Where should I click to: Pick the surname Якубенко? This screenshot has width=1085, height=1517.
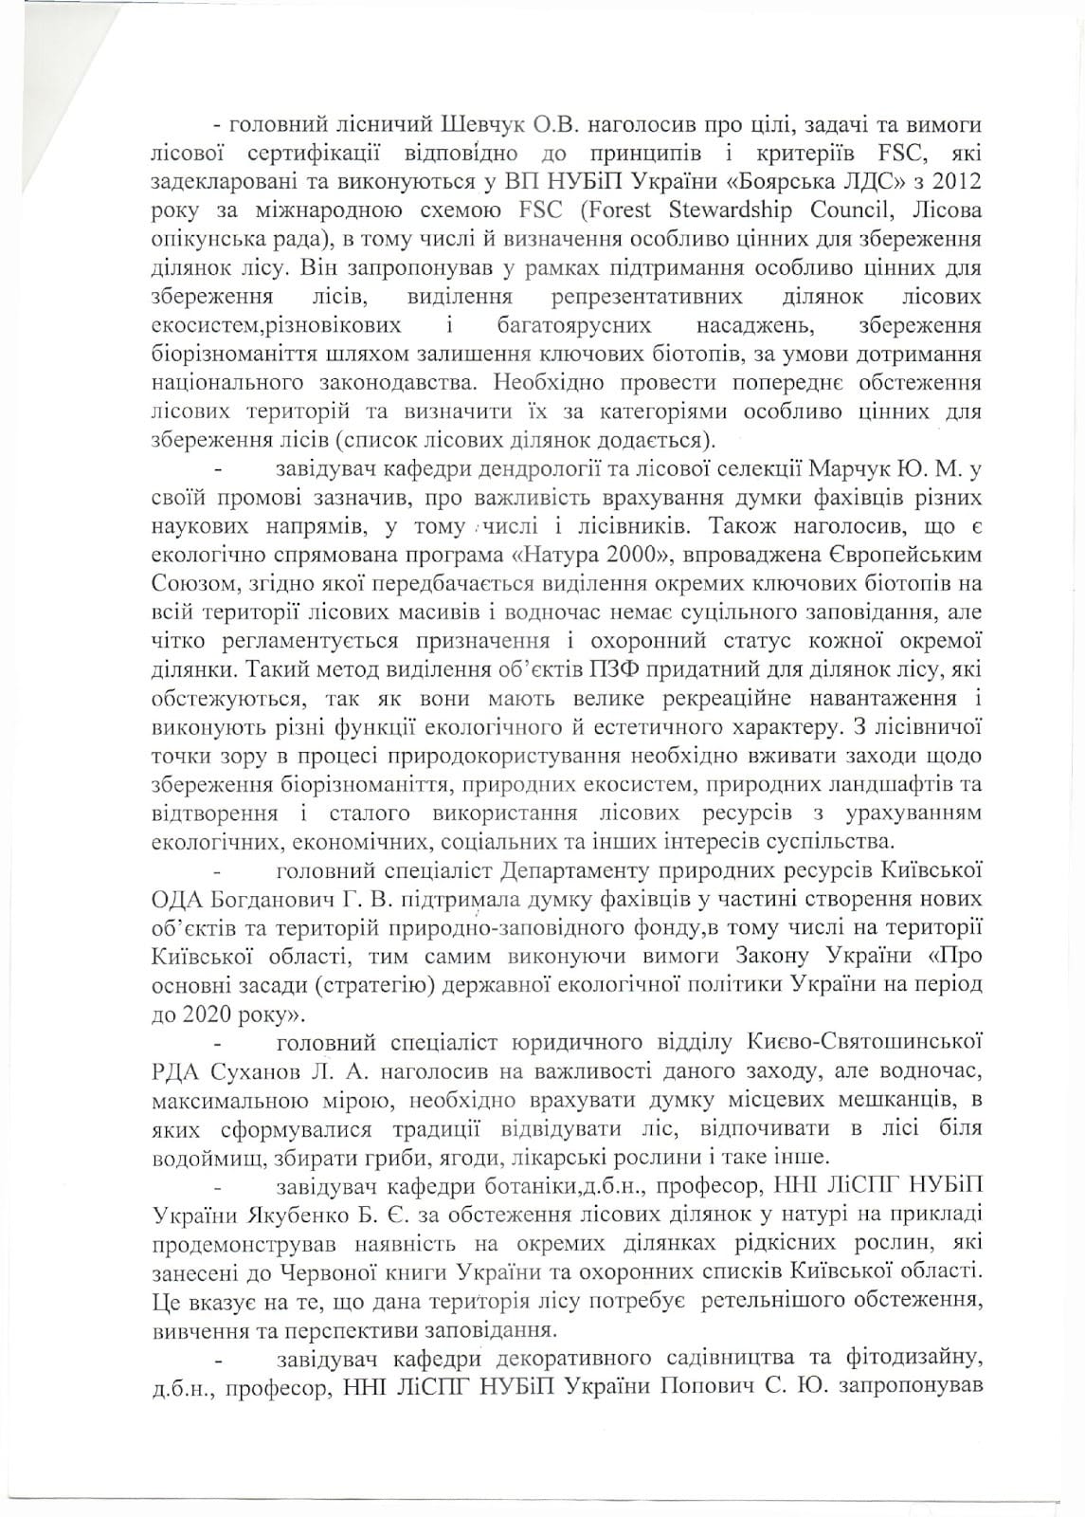click(x=285, y=1214)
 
